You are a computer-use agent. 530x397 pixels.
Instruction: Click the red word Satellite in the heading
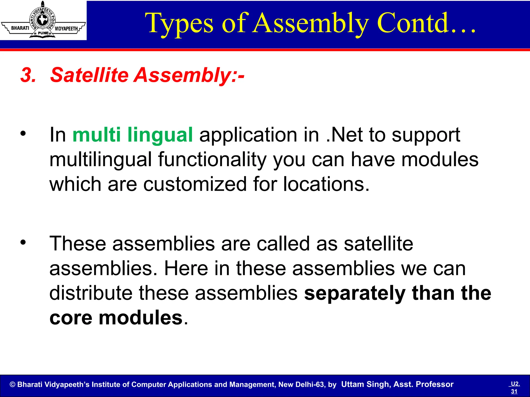coord(89,75)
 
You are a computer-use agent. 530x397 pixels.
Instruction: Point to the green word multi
coord(97,135)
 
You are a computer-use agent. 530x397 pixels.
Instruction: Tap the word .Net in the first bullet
coord(344,135)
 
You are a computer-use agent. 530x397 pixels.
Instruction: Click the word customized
coord(195,184)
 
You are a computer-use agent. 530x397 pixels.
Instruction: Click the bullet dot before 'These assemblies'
coord(23,242)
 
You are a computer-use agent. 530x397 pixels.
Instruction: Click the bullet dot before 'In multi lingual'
coord(23,133)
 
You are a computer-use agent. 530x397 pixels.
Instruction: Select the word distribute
coord(91,293)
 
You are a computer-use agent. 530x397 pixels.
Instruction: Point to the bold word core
coord(71,318)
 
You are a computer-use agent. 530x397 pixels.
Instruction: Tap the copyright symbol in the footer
coord(12,385)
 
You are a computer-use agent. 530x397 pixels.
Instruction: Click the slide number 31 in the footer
coord(514,391)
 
